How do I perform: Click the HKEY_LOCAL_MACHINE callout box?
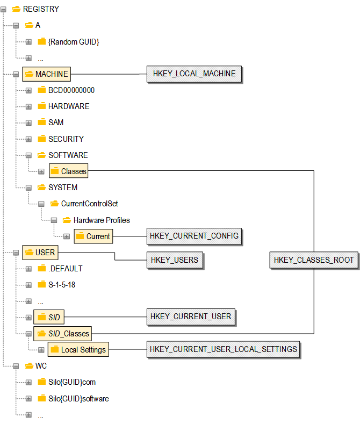[193, 74]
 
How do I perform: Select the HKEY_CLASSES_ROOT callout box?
[314, 260]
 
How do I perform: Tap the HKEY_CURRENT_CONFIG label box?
[193, 235]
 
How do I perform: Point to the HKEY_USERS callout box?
[174, 260]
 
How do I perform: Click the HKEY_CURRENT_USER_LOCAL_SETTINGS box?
[223, 349]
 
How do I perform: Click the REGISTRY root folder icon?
[16, 9]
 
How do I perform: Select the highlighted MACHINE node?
[46, 74]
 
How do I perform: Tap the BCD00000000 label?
[71, 90]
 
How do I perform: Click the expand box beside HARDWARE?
[28, 106]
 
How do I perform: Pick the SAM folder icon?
[42, 123]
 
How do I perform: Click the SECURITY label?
[66, 139]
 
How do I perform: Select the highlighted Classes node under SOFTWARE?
[68, 171]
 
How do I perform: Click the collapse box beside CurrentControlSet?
[41, 204]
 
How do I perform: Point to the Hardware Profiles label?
[102, 220]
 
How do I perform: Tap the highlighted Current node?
[93, 236]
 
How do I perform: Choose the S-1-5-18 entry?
[62, 285]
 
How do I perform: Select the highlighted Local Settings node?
[78, 350]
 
